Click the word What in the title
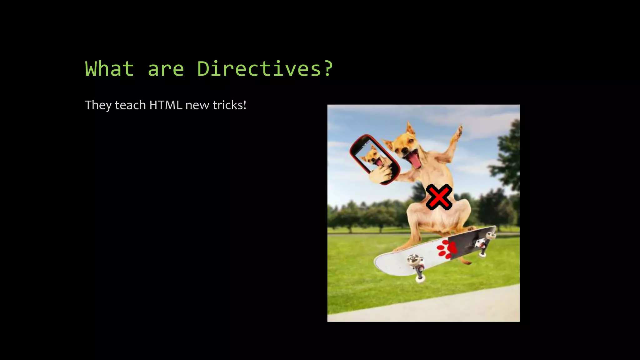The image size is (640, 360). point(109,69)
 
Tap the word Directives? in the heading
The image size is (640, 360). point(265,69)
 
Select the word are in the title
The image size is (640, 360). point(166,69)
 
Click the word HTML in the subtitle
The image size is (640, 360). point(166,105)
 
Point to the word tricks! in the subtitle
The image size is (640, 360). point(229,105)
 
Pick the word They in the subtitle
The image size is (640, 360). point(98,105)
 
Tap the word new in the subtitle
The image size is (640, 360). point(197,105)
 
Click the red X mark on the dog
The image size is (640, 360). point(439,197)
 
